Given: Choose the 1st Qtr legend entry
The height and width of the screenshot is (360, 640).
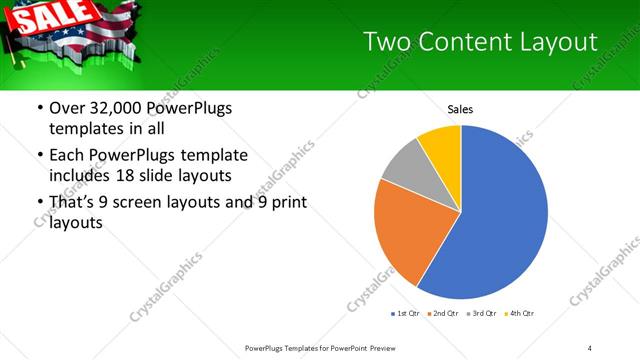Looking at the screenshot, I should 405,313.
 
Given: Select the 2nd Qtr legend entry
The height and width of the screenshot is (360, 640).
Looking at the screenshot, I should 443,313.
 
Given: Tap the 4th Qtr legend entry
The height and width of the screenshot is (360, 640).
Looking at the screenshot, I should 520,313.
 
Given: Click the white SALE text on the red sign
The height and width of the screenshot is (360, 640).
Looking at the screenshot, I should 38,18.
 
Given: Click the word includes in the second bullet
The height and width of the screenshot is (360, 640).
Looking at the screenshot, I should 80,176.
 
